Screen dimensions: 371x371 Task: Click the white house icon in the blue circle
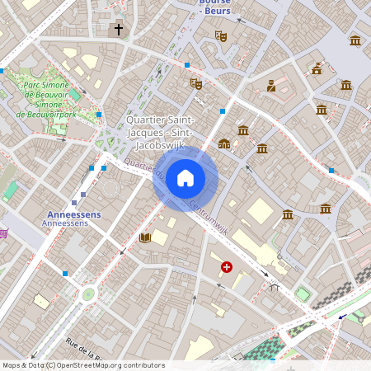[x=185, y=177]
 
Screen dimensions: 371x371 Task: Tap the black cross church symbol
[x=118, y=30]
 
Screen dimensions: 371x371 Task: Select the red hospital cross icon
[x=226, y=267]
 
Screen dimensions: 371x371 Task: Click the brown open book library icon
[x=145, y=238]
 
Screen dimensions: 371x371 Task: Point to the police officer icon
[x=270, y=85]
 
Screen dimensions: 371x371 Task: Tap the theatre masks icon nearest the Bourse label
[x=220, y=35]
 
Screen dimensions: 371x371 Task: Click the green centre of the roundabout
[x=87, y=294]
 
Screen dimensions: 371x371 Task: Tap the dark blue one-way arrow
[x=341, y=316]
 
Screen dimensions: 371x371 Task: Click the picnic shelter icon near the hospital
[x=273, y=286]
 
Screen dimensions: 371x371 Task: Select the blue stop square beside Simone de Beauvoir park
[x=99, y=115]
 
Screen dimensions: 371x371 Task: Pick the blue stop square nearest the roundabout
[x=64, y=273]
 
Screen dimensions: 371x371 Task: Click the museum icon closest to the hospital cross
[x=288, y=214]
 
